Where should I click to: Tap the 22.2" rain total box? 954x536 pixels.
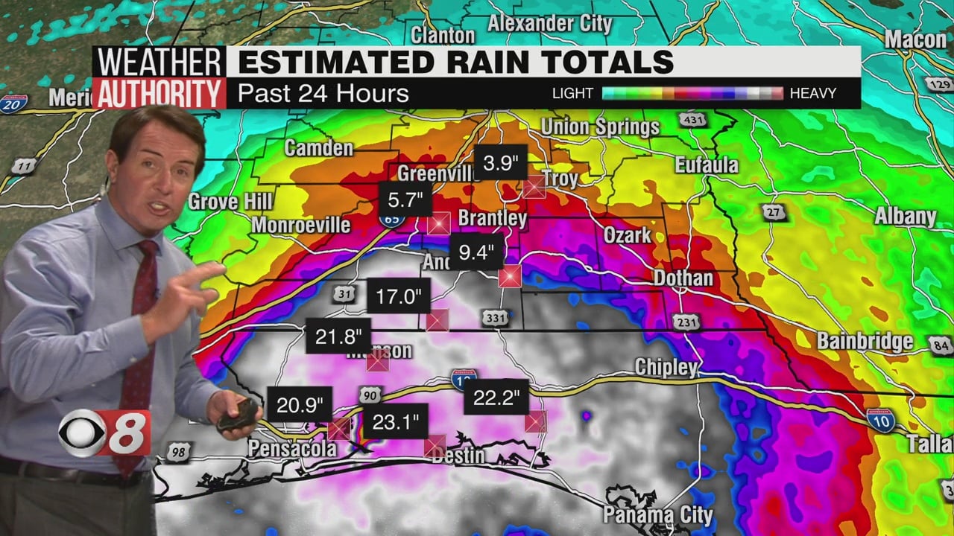point(496,398)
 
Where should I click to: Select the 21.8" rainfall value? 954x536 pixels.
point(338,336)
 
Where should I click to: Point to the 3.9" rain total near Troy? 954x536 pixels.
point(500,163)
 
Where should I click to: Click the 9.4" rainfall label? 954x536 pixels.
point(476,252)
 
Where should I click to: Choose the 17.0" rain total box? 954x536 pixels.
point(398,297)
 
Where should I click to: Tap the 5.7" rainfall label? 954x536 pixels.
point(405,200)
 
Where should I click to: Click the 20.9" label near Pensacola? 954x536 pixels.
point(299,405)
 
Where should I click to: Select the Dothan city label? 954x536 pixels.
point(683,278)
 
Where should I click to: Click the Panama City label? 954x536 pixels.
point(657,514)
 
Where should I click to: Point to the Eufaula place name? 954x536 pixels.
point(706,165)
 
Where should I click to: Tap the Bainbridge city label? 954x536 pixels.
point(865,342)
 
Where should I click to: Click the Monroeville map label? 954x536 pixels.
point(301,225)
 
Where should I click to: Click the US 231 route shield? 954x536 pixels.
point(686,322)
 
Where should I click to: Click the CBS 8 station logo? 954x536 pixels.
point(105,433)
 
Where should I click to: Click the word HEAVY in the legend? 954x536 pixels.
point(812,93)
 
